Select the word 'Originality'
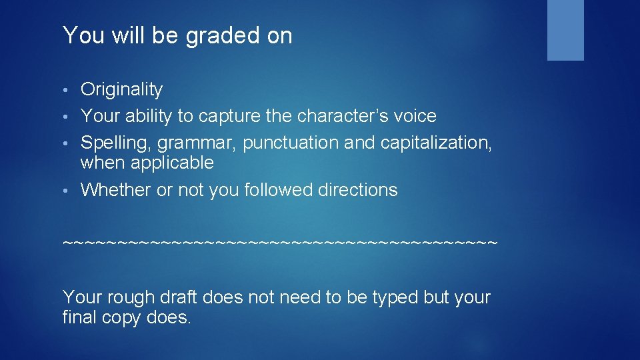pyautogui.click(x=121, y=89)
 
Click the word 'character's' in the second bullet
pyautogui.click(x=345, y=116)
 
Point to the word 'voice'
pyautogui.click(x=417, y=116)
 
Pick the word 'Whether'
pyautogui.click(x=115, y=190)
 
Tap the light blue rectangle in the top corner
pyautogui.click(x=565, y=30)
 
